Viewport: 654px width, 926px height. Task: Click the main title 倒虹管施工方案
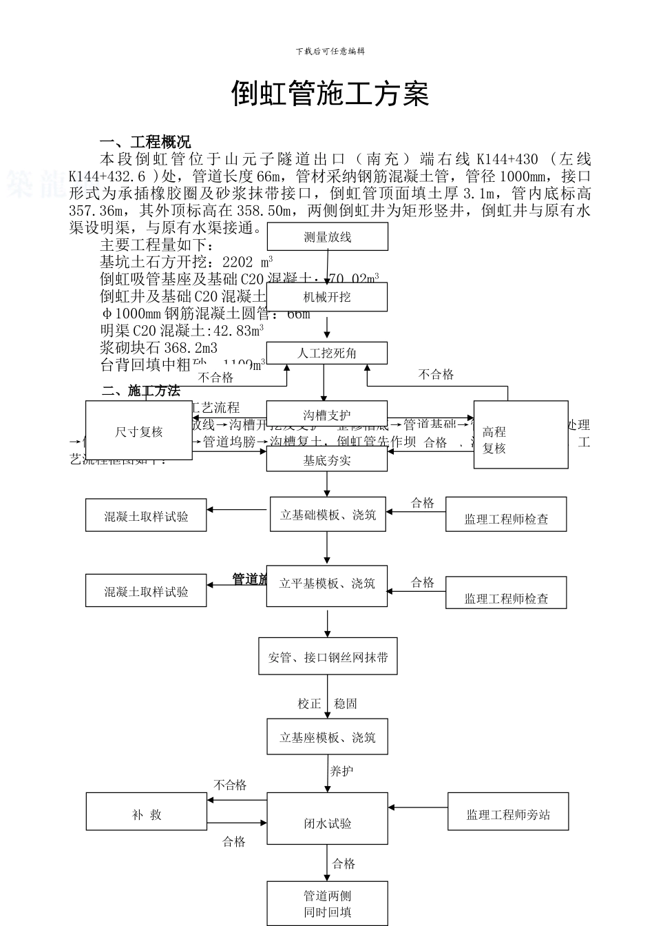[x=330, y=94]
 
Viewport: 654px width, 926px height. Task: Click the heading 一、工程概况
[x=145, y=143]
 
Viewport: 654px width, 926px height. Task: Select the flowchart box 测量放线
[x=327, y=237]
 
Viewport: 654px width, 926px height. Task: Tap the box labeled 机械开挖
[x=327, y=297]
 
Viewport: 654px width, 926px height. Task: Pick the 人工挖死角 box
[x=327, y=353]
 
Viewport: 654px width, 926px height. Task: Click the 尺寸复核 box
[x=138, y=432]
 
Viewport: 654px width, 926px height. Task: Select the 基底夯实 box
[x=327, y=460]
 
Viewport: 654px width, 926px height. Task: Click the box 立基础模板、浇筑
[x=328, y=515]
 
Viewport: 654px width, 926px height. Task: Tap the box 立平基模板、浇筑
[x=327, y=584]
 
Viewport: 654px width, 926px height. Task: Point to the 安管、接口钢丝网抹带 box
[x=328, y=657]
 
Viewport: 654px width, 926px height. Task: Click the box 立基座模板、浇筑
[x=327, y=738]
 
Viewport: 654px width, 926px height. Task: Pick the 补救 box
[x=146, y=814]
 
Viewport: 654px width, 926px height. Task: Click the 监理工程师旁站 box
[x=508, y=814]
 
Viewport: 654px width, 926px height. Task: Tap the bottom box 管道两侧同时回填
[x=327, y=904]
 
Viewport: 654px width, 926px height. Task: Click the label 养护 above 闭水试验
[x=341, y=771]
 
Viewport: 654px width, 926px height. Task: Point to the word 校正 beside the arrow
[x=309, y=703]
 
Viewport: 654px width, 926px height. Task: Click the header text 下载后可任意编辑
[x=330, y=51]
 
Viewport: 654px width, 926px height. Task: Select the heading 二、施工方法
[x=141, y=391]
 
